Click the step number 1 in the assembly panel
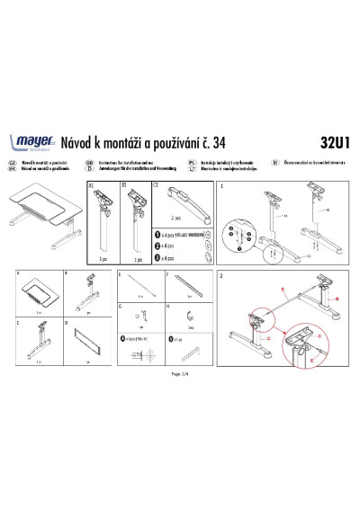coord(222,186)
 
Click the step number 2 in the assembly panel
coord(222,275)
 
